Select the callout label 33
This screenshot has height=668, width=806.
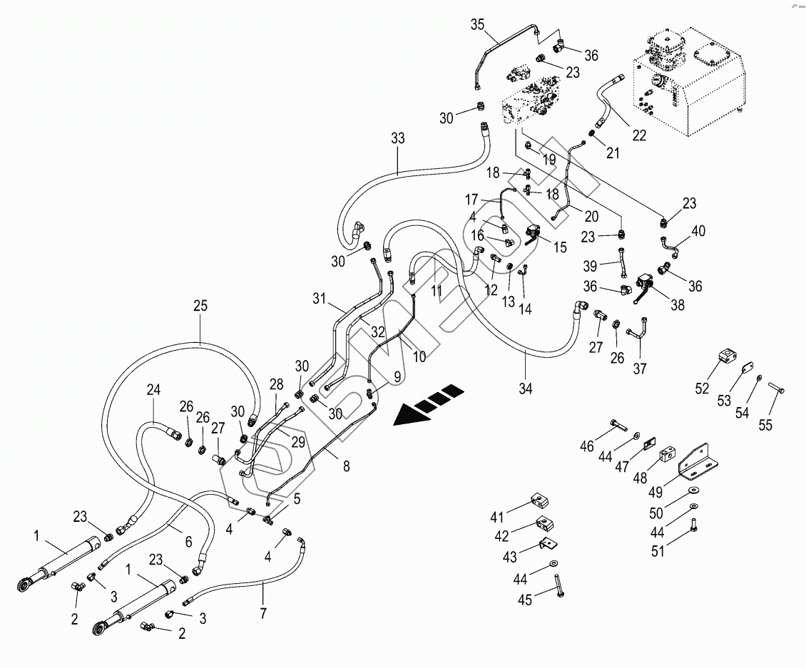click(398, 139)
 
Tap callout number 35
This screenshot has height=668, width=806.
click(477, 24)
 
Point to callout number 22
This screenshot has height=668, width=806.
click(639, 135)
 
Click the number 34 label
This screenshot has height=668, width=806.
click(526, 389)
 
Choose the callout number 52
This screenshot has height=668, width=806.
click(702, 388)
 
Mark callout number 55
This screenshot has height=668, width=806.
click(765, 426)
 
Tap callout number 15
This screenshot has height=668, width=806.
click(559, 247)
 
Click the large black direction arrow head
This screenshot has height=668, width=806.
click(407, 414)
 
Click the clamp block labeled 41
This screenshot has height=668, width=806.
click(540, 501)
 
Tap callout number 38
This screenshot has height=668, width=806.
click(677, 304)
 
